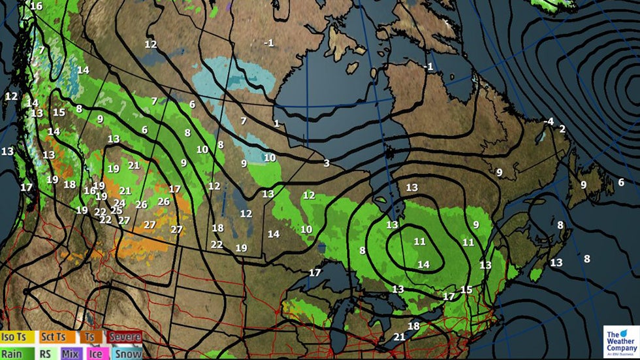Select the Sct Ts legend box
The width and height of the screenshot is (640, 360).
(x=52, y=337)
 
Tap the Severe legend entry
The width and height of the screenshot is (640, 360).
(x=125, y=337)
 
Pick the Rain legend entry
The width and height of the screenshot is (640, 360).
(x=13, y=353)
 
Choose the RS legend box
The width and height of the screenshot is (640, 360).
(x=46, y=353)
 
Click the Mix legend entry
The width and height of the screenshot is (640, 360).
(x=71, y=353)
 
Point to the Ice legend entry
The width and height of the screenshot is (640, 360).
(x=97, y=353)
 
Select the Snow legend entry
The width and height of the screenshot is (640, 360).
(x=127, y=353)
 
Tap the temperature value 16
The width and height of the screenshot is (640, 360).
(x=37, y=6)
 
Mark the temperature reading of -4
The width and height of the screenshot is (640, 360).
(x=549, y=122)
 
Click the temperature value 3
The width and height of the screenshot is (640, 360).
(x=327, y=163)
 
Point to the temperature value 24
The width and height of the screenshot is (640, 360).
(x=120, y=203)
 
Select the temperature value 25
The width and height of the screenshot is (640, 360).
(x=116, y=210)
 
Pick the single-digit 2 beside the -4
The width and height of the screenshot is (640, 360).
(x=562, y=129)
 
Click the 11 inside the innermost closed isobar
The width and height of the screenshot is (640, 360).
(x=419, y=242)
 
